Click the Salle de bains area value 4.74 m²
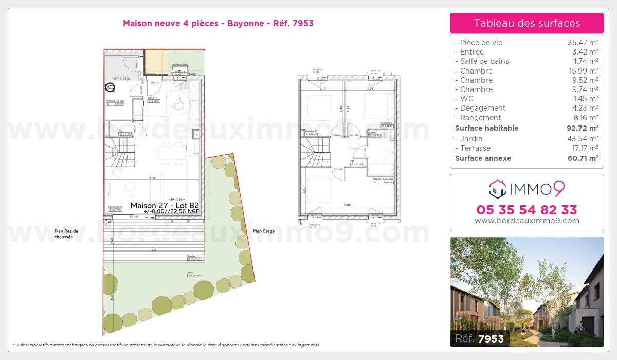tap(586, 61)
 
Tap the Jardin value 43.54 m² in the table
tap(586, 139)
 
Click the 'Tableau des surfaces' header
tap(527, 23)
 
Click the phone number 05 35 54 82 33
tap(527, 210)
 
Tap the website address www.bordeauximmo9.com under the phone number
tap(527, 221)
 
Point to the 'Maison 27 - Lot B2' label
tap(165, 205)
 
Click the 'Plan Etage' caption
tap(264, 231)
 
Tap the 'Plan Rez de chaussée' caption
tap(67, 234)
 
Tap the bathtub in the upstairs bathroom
tap(381, 169)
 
